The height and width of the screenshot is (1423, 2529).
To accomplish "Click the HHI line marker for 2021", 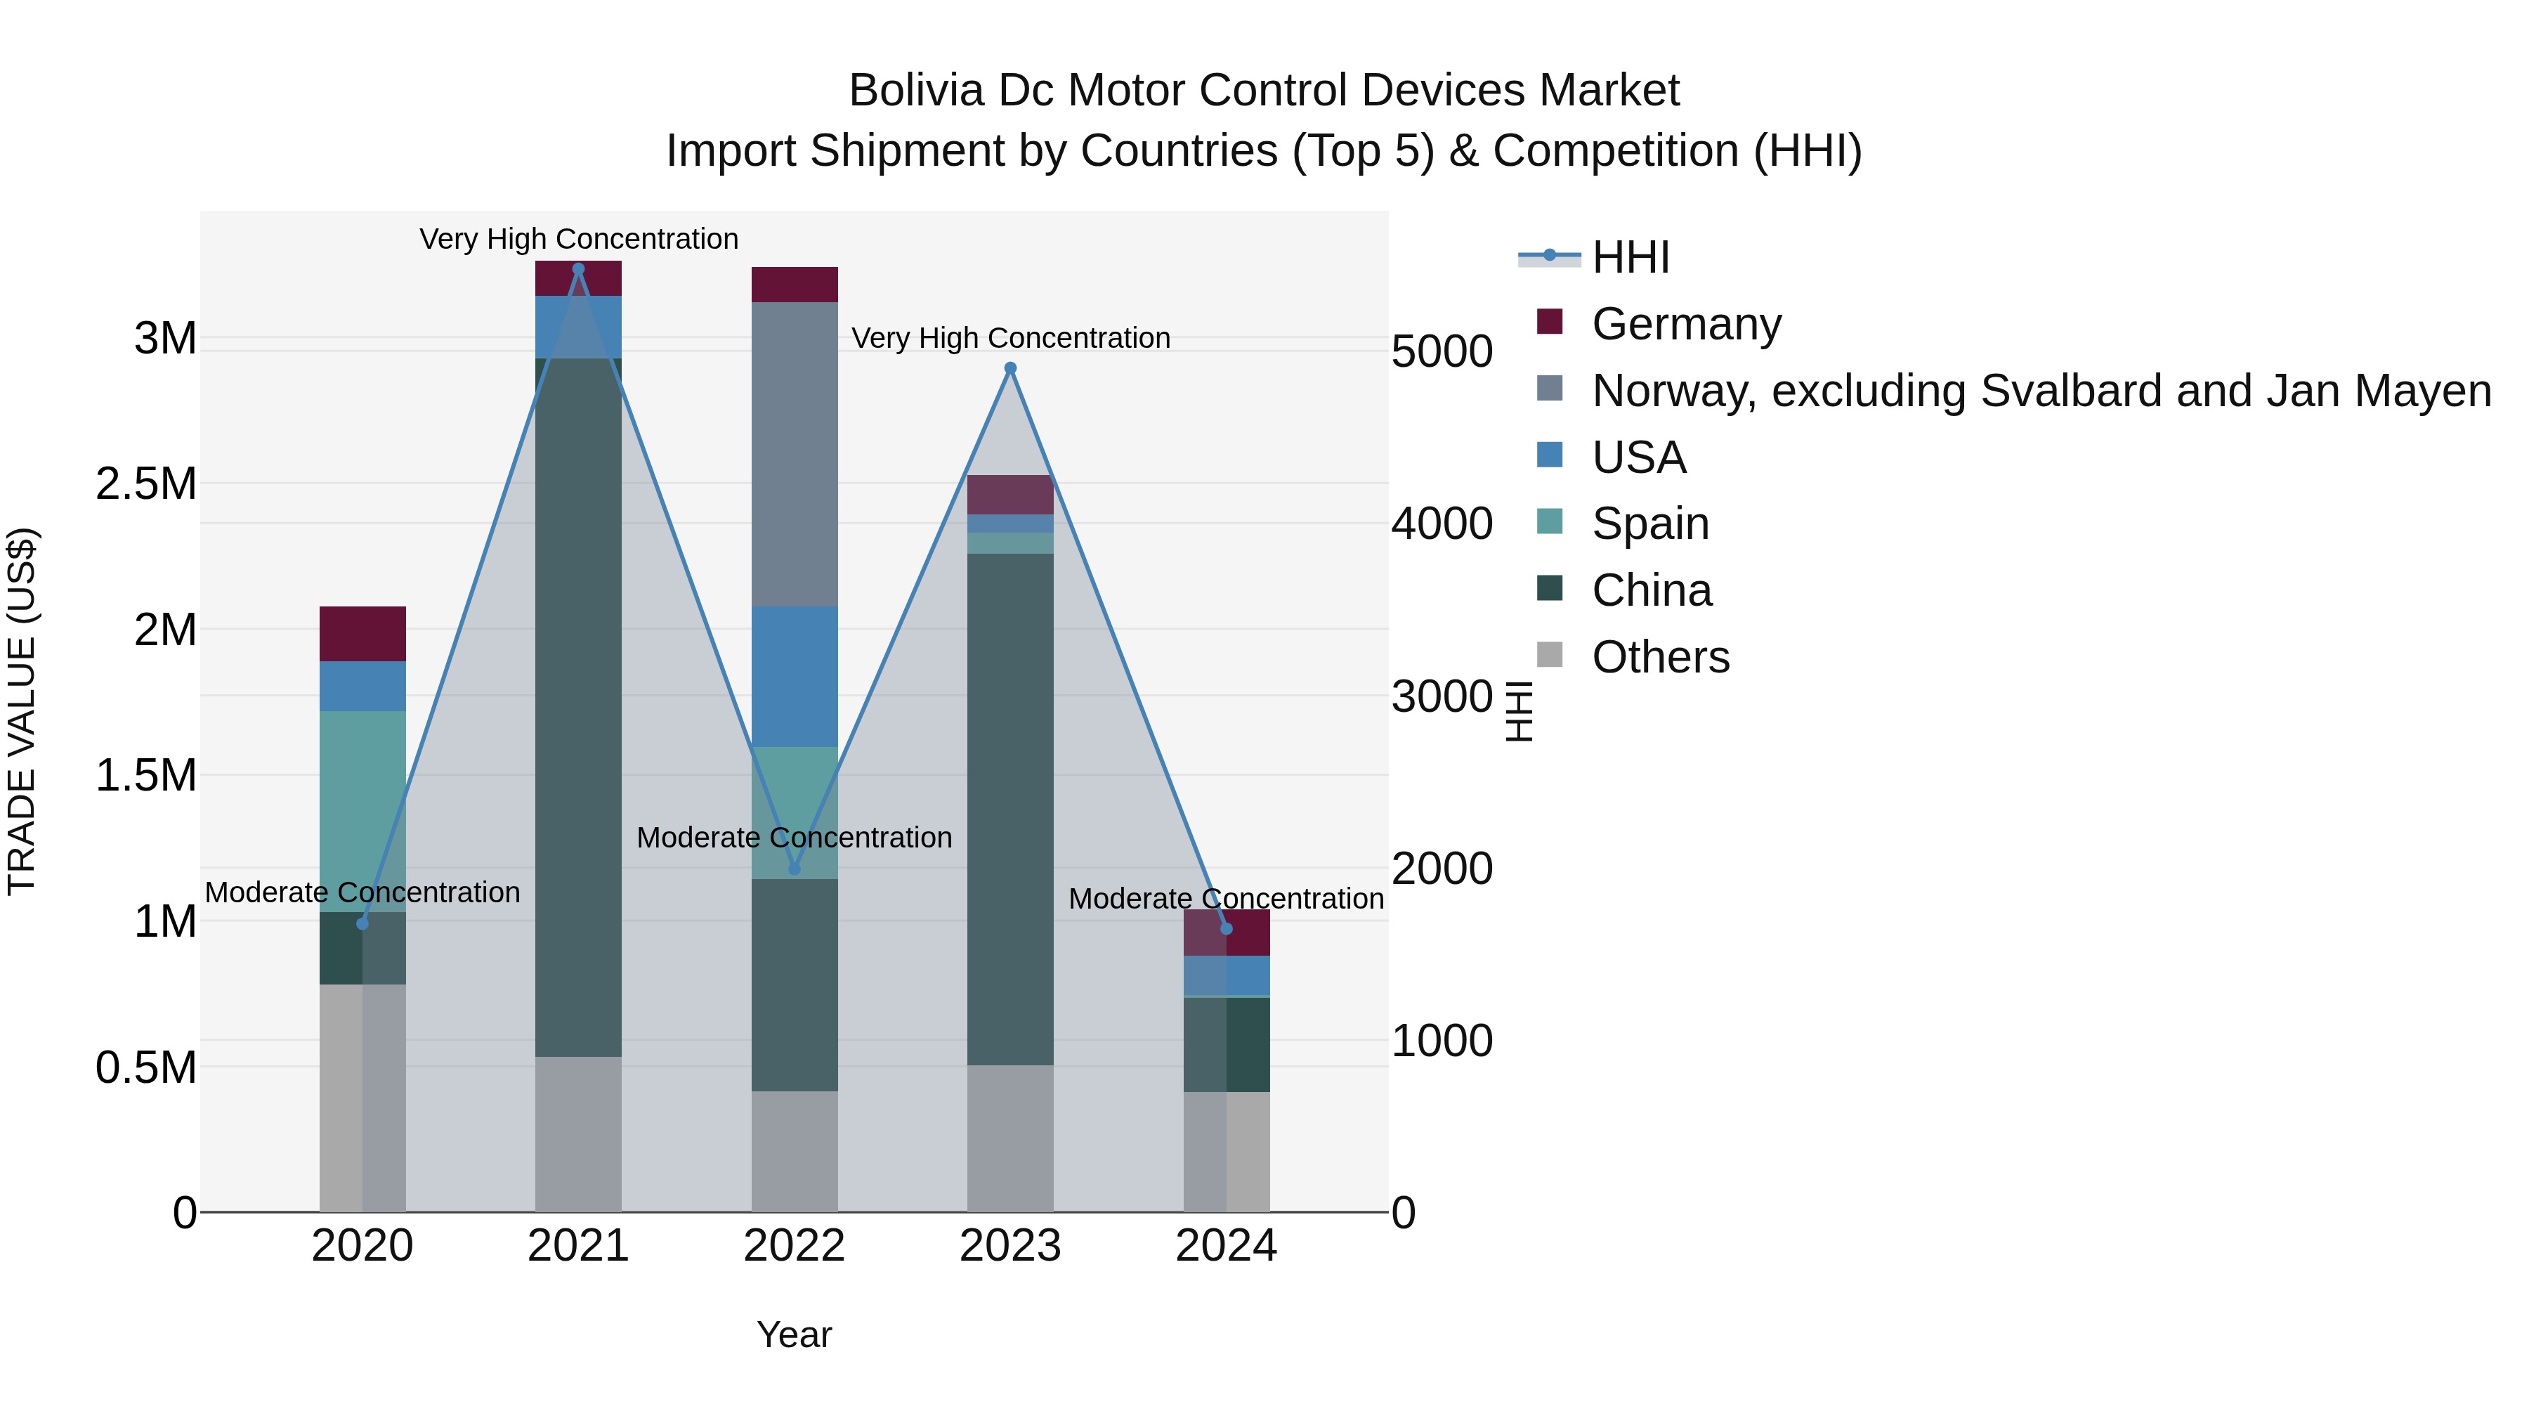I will click(578, 269).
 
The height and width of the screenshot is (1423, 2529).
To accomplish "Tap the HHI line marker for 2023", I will click(1010, 368).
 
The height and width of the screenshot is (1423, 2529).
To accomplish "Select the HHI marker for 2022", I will click(795, 869).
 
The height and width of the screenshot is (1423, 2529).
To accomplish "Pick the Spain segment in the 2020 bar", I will click(362, 810).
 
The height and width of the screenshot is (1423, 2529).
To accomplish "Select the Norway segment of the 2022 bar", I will click(795, 454).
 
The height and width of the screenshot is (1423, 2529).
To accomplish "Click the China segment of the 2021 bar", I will click(578, 707).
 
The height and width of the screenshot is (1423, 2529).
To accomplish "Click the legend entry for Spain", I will click(1649, 524).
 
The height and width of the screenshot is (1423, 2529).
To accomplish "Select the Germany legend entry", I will click(1686, 324).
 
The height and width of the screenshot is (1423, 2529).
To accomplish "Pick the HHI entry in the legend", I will click(1630, 257).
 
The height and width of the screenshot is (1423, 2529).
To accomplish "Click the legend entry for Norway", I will click(2040, 391).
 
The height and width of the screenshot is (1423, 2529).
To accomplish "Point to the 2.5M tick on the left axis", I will click(146, 484).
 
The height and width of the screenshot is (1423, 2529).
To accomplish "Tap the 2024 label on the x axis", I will click(1226, 1246).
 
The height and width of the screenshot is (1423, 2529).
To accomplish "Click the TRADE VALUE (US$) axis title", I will click(22, 711).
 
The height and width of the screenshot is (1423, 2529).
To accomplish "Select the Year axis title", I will click(795, 1334).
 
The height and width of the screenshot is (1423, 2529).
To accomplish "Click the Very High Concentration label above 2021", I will click(578, 239).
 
